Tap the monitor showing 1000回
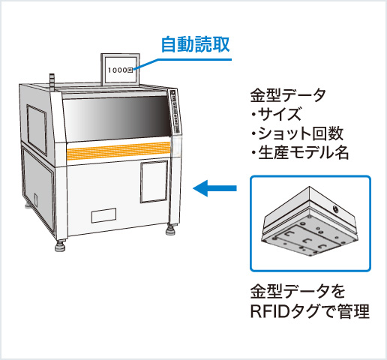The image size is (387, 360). coord(121,68)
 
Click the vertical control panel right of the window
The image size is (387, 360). coord(175,112)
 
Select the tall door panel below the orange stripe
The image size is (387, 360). coord(152,181)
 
